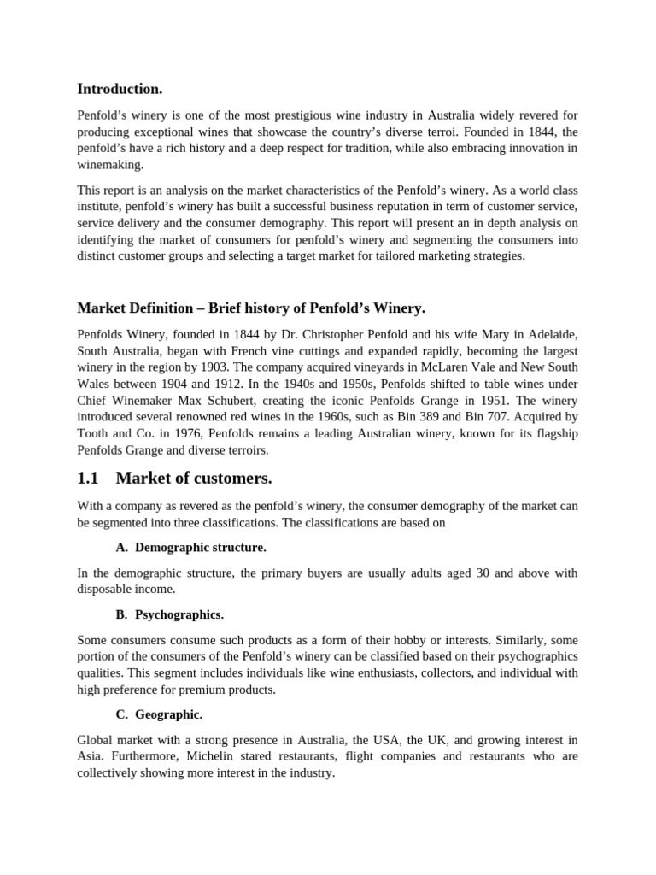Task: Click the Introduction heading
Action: (x=120, y=89)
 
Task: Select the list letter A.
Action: (x=119, y=547)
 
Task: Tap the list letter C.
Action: (x=119, y=714)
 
